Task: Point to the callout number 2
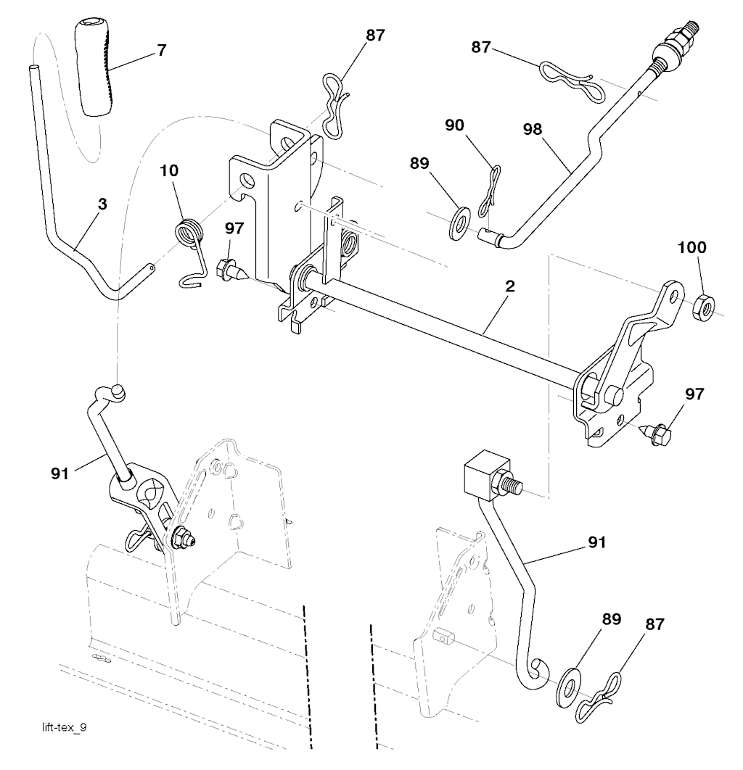tap(510, 286)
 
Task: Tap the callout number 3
tap(102, 204)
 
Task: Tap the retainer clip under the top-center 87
tap(335, 112)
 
